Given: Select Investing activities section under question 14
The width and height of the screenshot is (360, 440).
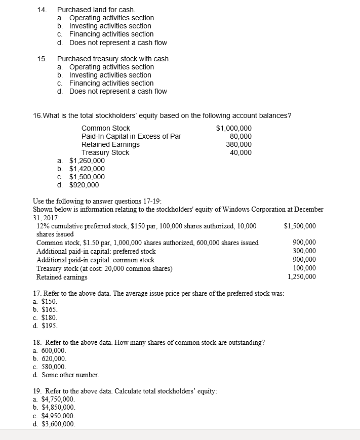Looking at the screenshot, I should [x=110, y=26].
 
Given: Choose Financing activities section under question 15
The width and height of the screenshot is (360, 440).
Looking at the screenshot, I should [x=111, y=83].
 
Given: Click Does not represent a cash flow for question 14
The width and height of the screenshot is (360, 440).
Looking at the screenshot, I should [x=117, y=42].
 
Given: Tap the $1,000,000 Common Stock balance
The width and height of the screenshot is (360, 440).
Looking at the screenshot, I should [x=233, y=128].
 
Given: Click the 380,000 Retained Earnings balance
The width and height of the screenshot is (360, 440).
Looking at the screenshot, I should [x=238, y=144].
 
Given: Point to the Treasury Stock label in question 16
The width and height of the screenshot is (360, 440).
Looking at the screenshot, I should [x=105, y=152].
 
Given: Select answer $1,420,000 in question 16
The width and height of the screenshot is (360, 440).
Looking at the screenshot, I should [x=87, y=169].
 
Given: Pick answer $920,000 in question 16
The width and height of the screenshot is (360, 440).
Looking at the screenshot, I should [x=84, y=185].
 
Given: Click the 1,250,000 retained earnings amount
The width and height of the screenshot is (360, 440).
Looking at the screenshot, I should [x=301, y=277].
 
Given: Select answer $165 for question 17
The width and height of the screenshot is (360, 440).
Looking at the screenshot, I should [x=49, y=309].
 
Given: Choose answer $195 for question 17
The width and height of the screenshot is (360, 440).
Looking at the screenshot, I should [x=49, y=326].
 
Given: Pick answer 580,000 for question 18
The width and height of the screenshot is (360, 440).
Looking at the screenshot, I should [x=53, y=367].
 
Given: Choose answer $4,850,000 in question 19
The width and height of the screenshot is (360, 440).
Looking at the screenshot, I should [x=58, y=407].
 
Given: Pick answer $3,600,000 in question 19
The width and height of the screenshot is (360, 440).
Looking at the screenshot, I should [x=58, y=424].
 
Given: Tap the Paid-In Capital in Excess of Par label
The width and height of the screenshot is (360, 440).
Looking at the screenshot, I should [x=131, y=136].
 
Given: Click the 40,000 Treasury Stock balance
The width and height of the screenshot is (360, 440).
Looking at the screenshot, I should [x=241, y=152].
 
